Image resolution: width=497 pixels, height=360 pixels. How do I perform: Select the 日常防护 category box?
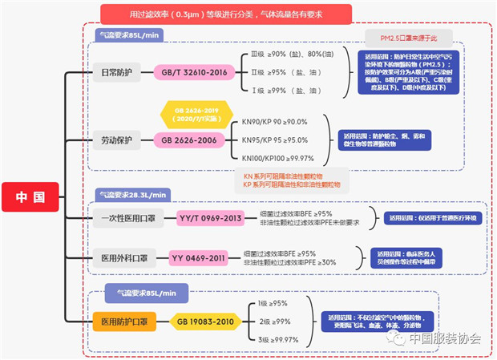pyautogui.click(x=116, y=71)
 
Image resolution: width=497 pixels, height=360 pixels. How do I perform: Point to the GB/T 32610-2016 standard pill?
pyautogui.click(x=194, y=72)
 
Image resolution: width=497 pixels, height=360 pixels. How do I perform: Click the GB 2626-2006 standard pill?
pyautogui.click(x=189, y=139)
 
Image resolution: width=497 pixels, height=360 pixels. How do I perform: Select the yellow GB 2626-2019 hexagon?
pyautogui.click(x=190, y=113)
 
